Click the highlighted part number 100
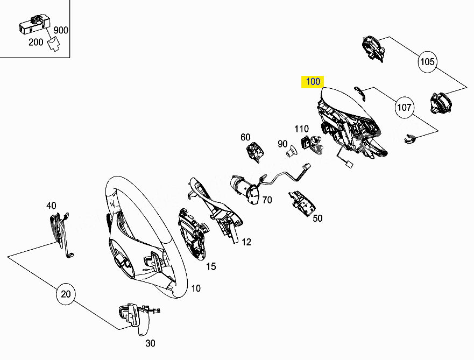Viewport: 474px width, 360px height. [313, 82]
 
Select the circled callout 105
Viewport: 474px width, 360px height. [427, 62]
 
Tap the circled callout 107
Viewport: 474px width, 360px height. [404, 107]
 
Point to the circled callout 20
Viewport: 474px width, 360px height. [66, 294]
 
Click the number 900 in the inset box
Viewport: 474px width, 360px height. [61, 30]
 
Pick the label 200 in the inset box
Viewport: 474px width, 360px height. [36, 42]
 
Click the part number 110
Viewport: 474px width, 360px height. [301, 129]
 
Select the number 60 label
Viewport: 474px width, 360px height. [245, 137]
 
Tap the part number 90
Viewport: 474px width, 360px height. [282, 144]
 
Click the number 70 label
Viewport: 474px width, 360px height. [267, 200]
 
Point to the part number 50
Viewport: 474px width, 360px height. [317, 218]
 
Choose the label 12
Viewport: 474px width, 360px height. [246, 242]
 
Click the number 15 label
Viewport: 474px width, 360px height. [211, 266]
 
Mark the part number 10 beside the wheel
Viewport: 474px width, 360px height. [196, 288]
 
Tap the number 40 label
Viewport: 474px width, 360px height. [51, 206]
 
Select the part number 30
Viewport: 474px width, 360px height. [150, 343]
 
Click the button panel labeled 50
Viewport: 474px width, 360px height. [302, 203]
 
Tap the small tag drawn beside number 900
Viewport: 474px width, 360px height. [54, 44]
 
